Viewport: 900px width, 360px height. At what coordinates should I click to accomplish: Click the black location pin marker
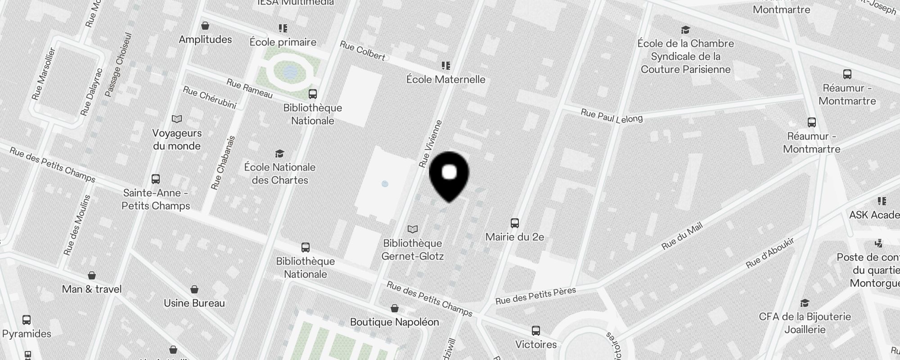449,175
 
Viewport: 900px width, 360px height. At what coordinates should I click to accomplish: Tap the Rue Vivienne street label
431,144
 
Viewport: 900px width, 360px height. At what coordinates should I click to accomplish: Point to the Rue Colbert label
362,50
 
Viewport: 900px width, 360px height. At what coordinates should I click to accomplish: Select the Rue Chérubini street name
209,98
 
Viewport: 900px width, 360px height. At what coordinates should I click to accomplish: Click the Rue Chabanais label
223,163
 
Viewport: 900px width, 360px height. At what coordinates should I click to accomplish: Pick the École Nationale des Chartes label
280,174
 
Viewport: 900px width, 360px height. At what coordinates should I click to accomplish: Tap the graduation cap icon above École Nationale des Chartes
280,154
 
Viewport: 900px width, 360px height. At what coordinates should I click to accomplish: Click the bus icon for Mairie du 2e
515,223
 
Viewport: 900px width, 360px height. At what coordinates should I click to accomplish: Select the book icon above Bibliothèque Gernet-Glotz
413,229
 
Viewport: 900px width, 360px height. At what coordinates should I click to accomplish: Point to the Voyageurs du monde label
177,139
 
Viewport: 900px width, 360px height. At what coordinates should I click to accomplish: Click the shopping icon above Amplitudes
205,26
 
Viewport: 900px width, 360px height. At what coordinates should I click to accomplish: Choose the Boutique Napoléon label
394,322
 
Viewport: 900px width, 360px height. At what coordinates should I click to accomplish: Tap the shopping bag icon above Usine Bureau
194,289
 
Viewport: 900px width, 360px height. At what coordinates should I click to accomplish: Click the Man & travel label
92,289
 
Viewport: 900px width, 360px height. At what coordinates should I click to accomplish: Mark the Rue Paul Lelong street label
612,116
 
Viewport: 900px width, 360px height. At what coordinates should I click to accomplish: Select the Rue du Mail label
682,236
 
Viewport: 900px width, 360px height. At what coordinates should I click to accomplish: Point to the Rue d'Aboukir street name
770,253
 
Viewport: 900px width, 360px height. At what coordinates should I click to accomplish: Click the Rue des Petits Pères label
535,296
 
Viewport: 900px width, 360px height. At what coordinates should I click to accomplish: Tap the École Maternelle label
445,80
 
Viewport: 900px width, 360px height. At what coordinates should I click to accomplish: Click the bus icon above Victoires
536,331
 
